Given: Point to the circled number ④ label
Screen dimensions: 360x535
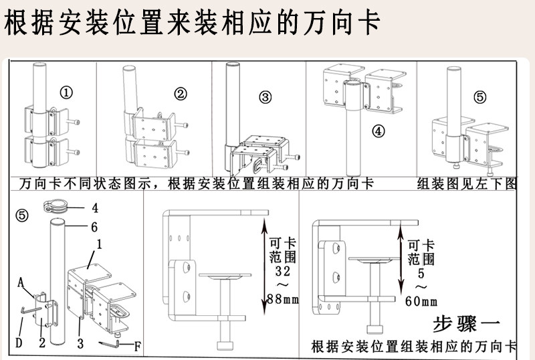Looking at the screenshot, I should tap(379, 130).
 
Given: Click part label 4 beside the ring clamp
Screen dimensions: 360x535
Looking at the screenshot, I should tap(95, 207).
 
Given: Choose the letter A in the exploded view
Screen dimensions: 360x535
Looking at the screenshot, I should tap(21, 282).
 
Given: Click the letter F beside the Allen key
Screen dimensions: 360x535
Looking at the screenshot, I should tap(137, 346).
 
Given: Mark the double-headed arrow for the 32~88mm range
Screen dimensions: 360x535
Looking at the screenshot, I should tap(262, 268).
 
